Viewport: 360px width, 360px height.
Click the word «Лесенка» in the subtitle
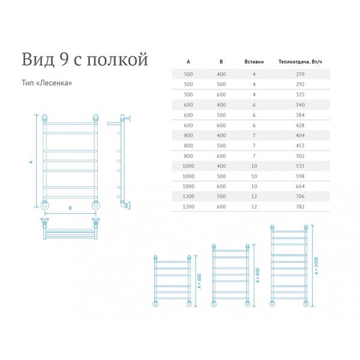point(54,83)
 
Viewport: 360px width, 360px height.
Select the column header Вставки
point(254,62)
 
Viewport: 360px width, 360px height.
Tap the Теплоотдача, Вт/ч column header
point(300,62)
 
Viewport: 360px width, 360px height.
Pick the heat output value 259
point(300,74)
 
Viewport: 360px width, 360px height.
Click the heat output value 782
point(300,206)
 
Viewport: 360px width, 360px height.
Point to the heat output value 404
point(300,136)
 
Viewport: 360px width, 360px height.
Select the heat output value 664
point(300,187)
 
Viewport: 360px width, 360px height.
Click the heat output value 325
point(300,95)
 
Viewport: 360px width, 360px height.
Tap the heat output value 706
point(300,197)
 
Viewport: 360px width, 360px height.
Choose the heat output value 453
point(300,146)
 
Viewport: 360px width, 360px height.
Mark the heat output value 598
point(300,176)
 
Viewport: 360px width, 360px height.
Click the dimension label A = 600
point(199,281)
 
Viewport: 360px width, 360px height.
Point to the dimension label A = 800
point(257,275)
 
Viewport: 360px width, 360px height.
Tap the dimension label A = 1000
point(316,266)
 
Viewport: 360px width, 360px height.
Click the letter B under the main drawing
point(70,208)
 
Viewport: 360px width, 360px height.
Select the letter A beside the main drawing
point(31,162)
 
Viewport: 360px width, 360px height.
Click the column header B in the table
point(221,62)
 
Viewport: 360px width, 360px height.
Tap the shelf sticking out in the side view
point(114,124)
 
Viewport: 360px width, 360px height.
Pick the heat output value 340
point(300,105)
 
